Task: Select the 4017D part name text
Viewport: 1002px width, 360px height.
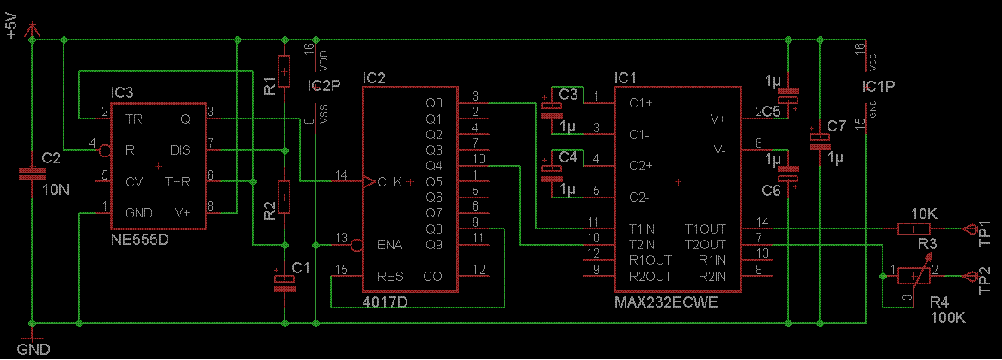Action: click(385, 301)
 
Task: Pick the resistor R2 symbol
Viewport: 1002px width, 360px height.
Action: click(284, 198)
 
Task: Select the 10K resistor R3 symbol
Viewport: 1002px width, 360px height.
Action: click(913, 229)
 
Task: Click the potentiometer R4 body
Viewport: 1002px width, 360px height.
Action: click(913, 276)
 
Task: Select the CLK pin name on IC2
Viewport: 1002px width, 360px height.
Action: click(390, 181)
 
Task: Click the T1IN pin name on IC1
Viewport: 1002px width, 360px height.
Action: click(644, 229)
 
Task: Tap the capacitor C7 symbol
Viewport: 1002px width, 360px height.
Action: click(816, 141)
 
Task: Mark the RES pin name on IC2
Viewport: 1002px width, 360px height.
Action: click(390, 277)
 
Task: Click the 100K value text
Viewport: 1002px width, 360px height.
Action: click(946, 317)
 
